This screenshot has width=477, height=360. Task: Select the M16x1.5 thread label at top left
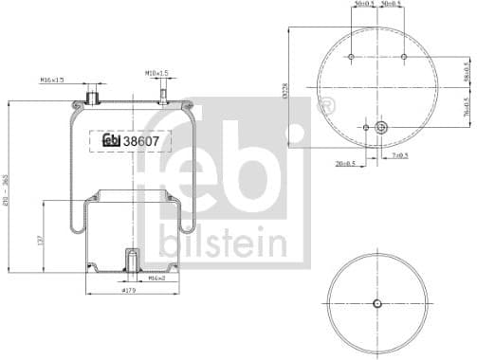point(53,80)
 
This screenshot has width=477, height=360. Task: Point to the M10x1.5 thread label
point(156,73)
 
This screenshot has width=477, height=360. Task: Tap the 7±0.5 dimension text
point(399,155)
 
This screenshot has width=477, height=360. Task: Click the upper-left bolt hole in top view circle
point(351,58)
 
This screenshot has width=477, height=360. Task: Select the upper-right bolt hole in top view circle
point(404,58)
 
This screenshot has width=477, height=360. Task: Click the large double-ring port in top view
point(381,127)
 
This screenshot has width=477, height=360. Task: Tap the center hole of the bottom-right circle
point(377,303)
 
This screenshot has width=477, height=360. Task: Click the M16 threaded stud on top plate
point(93,96)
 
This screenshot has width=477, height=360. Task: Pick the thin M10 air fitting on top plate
point(162,93)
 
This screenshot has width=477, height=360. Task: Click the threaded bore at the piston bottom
point(131,259)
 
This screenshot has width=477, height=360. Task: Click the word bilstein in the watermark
point(224,243)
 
